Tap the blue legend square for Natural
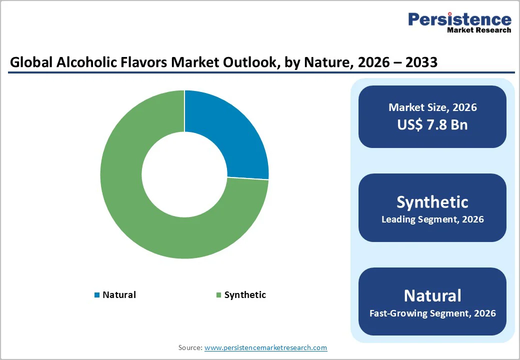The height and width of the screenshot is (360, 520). coord(97,295)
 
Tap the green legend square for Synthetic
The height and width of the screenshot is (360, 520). coord(218,295)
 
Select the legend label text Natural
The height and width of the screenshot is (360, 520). coord(119,295)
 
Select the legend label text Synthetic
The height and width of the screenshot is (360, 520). coord(245,295)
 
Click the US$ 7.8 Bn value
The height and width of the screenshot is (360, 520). coord(432,124)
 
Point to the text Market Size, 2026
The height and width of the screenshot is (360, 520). coord(432,107)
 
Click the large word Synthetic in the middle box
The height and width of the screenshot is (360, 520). coord(432,202)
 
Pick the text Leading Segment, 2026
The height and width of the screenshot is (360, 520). coord(432,219)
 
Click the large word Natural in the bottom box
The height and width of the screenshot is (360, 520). coord(432,295)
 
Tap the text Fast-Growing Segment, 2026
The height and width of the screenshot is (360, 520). coord(432,313)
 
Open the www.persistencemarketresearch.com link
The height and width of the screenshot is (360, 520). coord(265,347)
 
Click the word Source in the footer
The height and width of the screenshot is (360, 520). coord(190,347)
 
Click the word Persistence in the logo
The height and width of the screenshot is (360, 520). coord(459,19)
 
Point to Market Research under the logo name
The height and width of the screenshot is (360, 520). coord(479,30)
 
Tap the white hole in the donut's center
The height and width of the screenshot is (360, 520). coord(184,174)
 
